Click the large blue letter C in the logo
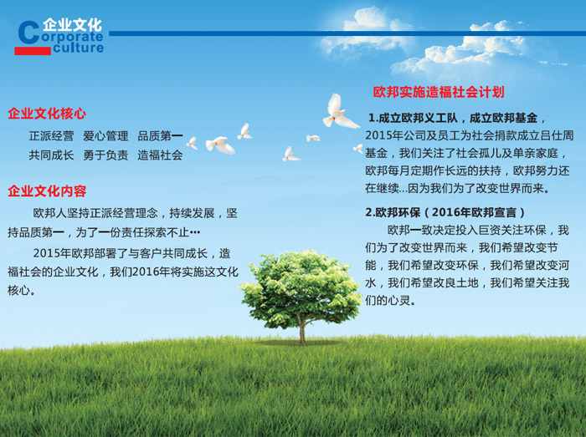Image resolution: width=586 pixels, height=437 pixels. click(x=28, y=33)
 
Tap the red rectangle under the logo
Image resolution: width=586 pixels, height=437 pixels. click(x=33, y=51)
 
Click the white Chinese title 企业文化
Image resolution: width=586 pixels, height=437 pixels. click(x=72, y=24)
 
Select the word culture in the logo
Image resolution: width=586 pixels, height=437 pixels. click(x=78, y=48)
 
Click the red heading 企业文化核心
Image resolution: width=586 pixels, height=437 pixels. click(x=47, y=114)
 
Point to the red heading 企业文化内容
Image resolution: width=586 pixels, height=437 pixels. click(x=47, y=191)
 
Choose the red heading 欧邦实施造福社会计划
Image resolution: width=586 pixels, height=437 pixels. click(x=439, y=92)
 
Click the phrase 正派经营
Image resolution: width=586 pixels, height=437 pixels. click(x=52, y=135)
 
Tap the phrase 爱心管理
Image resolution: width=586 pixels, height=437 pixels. click(x=105, y=135)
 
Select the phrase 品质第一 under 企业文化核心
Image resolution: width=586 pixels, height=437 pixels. click(x=160, y=135)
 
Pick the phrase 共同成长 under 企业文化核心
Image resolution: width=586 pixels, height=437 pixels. click(x=52, y=155)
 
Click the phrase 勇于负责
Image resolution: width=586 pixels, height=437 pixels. click(x=105, y=155)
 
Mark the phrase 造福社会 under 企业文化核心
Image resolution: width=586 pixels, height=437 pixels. click(x=160, y=155)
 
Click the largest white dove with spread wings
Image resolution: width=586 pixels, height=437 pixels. click(x=338, y=113)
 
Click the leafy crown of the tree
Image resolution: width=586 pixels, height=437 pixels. click(x=301, y=287)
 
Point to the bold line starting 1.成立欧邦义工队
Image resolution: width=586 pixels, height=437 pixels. click(x=456, y=118)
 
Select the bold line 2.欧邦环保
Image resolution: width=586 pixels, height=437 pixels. click(x=445, y=212)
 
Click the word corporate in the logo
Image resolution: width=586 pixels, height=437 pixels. click(x=72, y=37)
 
